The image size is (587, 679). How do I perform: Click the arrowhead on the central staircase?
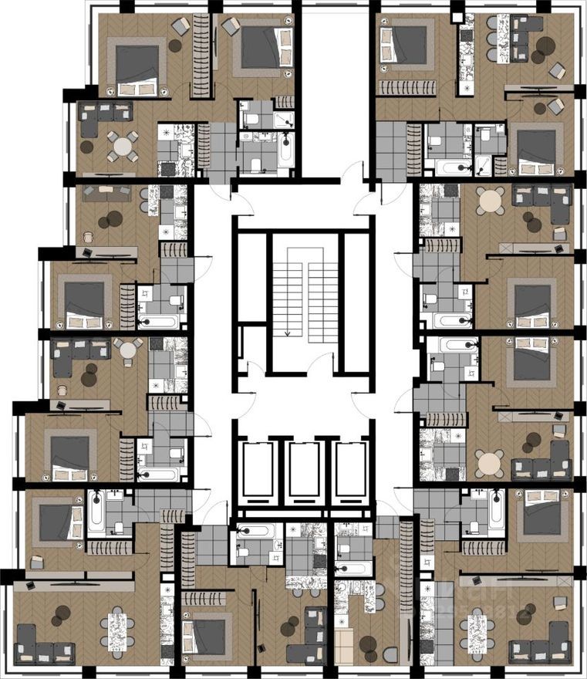287,334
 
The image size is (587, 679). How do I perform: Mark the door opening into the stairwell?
319,363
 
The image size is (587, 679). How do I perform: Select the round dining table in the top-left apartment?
123,144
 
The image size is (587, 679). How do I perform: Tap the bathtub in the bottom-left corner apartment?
96,510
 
